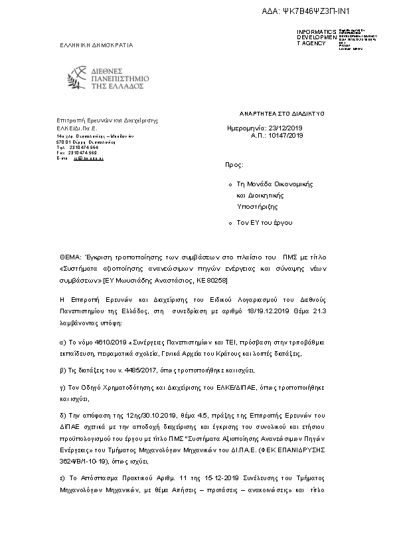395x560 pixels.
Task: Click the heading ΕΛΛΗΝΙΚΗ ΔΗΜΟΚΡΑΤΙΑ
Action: [x=96, y=45]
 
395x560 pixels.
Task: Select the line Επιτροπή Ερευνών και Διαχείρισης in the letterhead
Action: [x=108, y=120]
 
